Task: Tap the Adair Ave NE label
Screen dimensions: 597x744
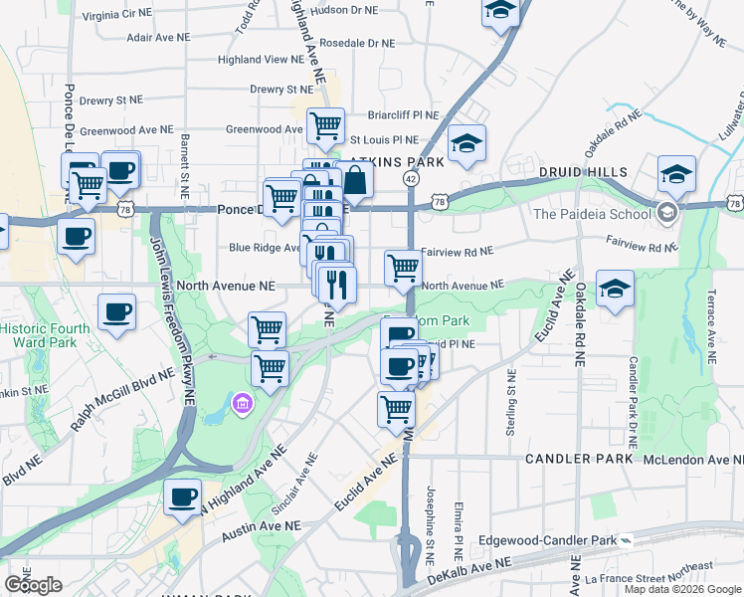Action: pyautogui.click(x=158, y=38)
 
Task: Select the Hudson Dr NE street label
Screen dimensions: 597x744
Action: pyautogui.click(x=344, y=10)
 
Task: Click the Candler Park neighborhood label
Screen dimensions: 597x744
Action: pyautogui.click(x=578, y=458)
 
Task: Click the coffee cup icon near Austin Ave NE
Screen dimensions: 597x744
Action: pyautogui.click(x=182, y=497)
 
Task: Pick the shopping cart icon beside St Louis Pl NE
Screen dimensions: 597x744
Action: pyautogui.click(x=325, y=125)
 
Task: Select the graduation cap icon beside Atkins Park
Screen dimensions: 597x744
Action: pyautogui.click(x=466, y=143)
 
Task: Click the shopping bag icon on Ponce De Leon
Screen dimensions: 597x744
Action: pyautogui.click(x=355, y=181)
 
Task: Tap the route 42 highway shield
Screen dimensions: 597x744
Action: pyautogui.click(x=410, y=177)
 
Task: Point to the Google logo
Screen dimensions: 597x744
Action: pyautogui.click(x=33, y=585)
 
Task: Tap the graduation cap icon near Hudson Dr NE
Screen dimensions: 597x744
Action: pyautogui.click(x=500, y=11)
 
